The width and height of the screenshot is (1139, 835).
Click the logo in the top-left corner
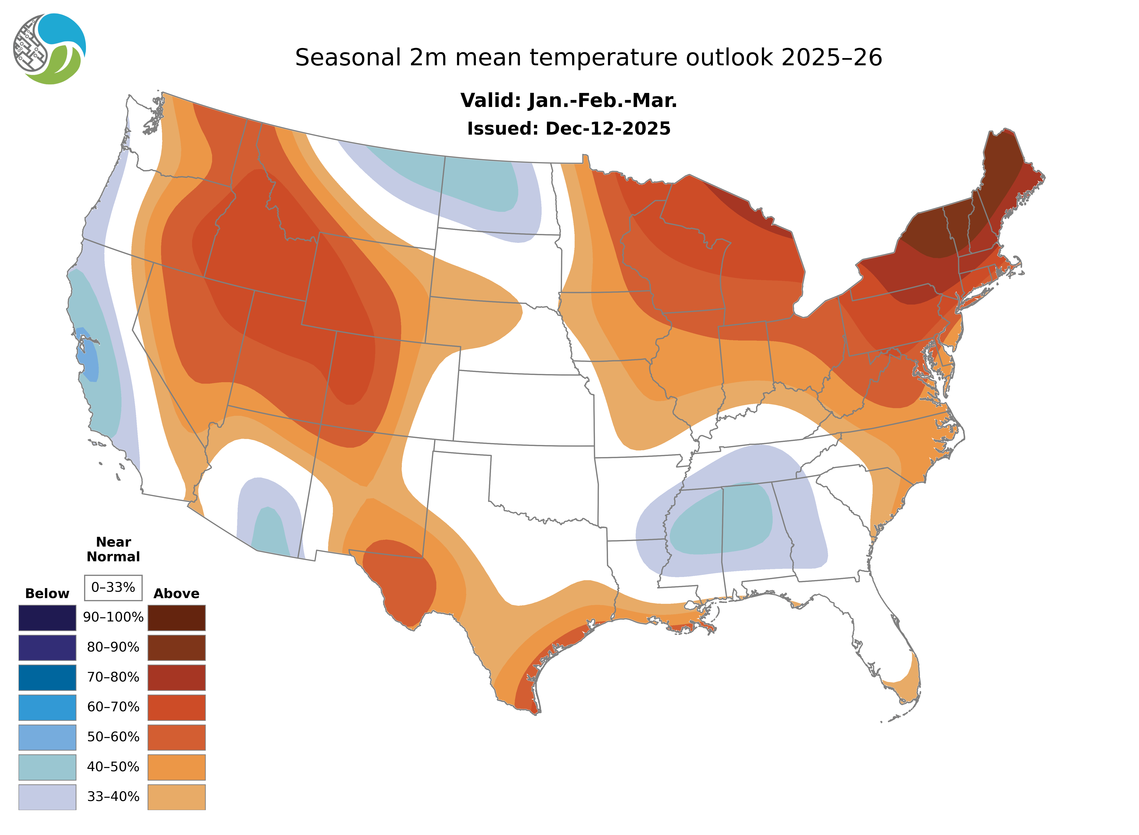click(x=50, y=49)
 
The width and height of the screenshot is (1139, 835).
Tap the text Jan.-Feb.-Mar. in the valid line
click(x=602, y=101)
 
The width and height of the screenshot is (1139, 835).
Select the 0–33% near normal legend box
click(x=113, y=587)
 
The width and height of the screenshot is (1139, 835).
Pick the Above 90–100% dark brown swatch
click(x=176, y=618)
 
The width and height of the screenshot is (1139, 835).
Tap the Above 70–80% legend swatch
click(x=176, y=677)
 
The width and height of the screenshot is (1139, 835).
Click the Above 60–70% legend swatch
click(x=176, y=707)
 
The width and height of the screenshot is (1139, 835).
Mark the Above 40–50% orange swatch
click(x=176, y=767)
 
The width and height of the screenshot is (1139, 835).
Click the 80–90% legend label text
click(x=113, y=647)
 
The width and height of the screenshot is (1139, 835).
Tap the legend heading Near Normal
click(x=113, y=549)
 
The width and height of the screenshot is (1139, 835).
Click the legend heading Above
click(x=176, y=593)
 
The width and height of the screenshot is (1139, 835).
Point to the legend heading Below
click(x=47, y=593)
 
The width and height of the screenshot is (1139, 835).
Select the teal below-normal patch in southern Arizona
click(x=270, y=531)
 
